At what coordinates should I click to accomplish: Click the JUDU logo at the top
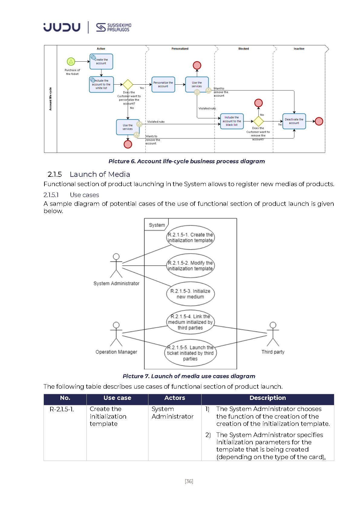[62, 27]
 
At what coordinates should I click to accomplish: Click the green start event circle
[71, 62]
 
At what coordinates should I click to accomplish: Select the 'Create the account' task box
[101, 61]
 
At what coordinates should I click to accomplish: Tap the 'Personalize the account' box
[163, 84]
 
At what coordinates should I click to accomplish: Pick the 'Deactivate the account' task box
[294, 121]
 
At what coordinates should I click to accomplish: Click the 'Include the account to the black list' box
[232, 121]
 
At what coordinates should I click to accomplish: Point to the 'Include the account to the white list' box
[101, 84]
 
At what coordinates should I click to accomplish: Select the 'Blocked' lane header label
[244, 49]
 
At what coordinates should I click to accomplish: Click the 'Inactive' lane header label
[299, 49]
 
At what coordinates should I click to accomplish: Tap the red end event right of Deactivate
[319, 121]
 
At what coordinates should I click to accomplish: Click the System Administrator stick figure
[116, 266]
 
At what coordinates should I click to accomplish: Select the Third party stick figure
[273, 334]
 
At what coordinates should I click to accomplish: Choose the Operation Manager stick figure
[116, 334]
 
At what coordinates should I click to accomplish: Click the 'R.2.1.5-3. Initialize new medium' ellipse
[190, 294]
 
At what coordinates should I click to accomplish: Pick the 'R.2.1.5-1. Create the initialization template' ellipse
[190, 238]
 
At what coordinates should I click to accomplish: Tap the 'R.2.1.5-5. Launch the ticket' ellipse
[190, 353]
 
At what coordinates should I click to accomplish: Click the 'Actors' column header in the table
[175, 398]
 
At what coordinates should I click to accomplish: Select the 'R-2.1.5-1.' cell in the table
[62, 409]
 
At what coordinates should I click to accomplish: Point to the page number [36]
[189, 481]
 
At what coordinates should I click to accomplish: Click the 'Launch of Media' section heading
[100, 174]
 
